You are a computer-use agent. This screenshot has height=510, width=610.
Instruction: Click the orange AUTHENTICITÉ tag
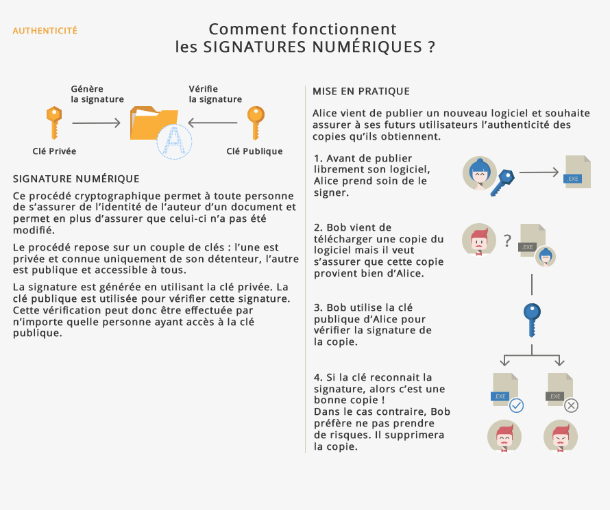(x=45, y=31)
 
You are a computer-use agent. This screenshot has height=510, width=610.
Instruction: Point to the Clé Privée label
(x=54, y=151)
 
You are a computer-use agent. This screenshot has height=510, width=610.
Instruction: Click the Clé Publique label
(x=254, y=151)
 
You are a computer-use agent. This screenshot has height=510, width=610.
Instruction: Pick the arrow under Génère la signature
(x=97, y=123)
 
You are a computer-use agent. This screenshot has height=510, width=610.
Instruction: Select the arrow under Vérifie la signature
(x=213, y=123)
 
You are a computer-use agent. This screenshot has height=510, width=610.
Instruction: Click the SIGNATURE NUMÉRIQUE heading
(x=76, y=179)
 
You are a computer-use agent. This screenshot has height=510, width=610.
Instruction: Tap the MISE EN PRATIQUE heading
(x=361, y=91)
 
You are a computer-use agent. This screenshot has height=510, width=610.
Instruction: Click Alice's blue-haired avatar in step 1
(x=480, y=173)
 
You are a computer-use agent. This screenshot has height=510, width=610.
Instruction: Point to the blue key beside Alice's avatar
(x=504, y=181)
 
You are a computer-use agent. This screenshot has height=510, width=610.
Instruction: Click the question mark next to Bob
(x=507, y=240)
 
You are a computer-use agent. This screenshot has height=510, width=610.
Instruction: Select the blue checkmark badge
(x=517, y=406)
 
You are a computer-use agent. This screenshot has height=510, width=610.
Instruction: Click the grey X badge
(x=571, y=406)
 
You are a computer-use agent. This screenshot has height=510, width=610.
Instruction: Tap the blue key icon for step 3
(x=531, y=319)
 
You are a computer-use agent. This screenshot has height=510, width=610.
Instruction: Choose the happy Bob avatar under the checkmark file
(x=504, y=437)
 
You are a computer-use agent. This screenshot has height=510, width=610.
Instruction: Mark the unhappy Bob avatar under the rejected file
(x=560, y=437)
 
